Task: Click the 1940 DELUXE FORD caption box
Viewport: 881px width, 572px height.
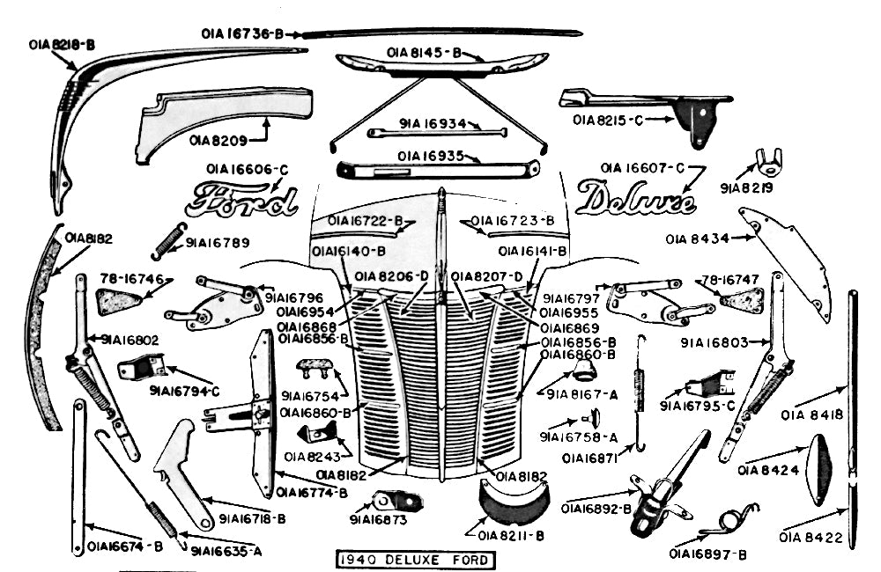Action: point(413,560)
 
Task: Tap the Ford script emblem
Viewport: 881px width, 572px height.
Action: point(241,202)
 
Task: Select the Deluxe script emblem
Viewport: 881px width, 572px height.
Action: point(634,200)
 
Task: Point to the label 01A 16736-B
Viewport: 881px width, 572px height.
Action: point(241,34)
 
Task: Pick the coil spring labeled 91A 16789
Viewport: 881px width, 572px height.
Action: point(167,240)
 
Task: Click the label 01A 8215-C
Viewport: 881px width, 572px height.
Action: point(608,120)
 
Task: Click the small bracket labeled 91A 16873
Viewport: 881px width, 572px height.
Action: point(396,502)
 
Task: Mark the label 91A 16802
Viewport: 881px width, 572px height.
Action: point(130,340)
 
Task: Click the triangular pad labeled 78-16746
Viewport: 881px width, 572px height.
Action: point(118,302)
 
